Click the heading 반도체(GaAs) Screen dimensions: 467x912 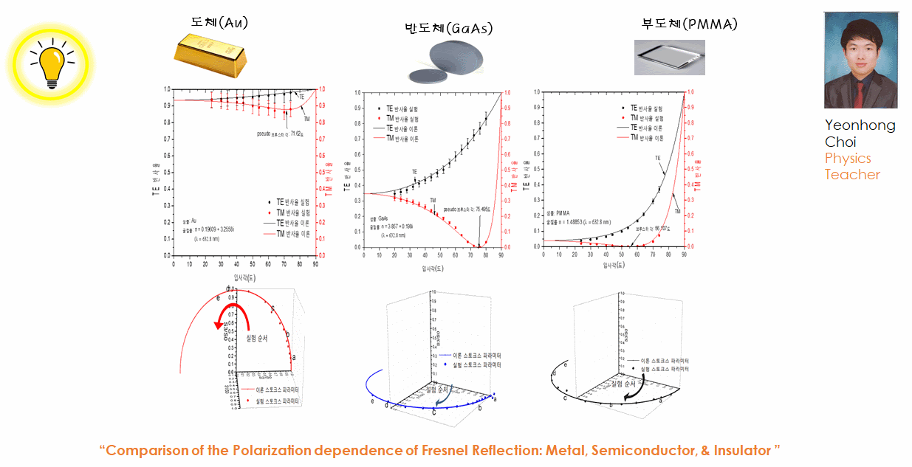click(x=448, y=29)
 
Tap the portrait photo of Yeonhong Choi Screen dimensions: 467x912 click(x=860, y=60)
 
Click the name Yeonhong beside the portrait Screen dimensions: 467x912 click(x=860, y=125)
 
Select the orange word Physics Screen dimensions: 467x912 click(x=848, y=158)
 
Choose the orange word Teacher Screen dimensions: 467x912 click(x=852, y=175)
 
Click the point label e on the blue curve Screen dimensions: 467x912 click(x=372, y=401)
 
